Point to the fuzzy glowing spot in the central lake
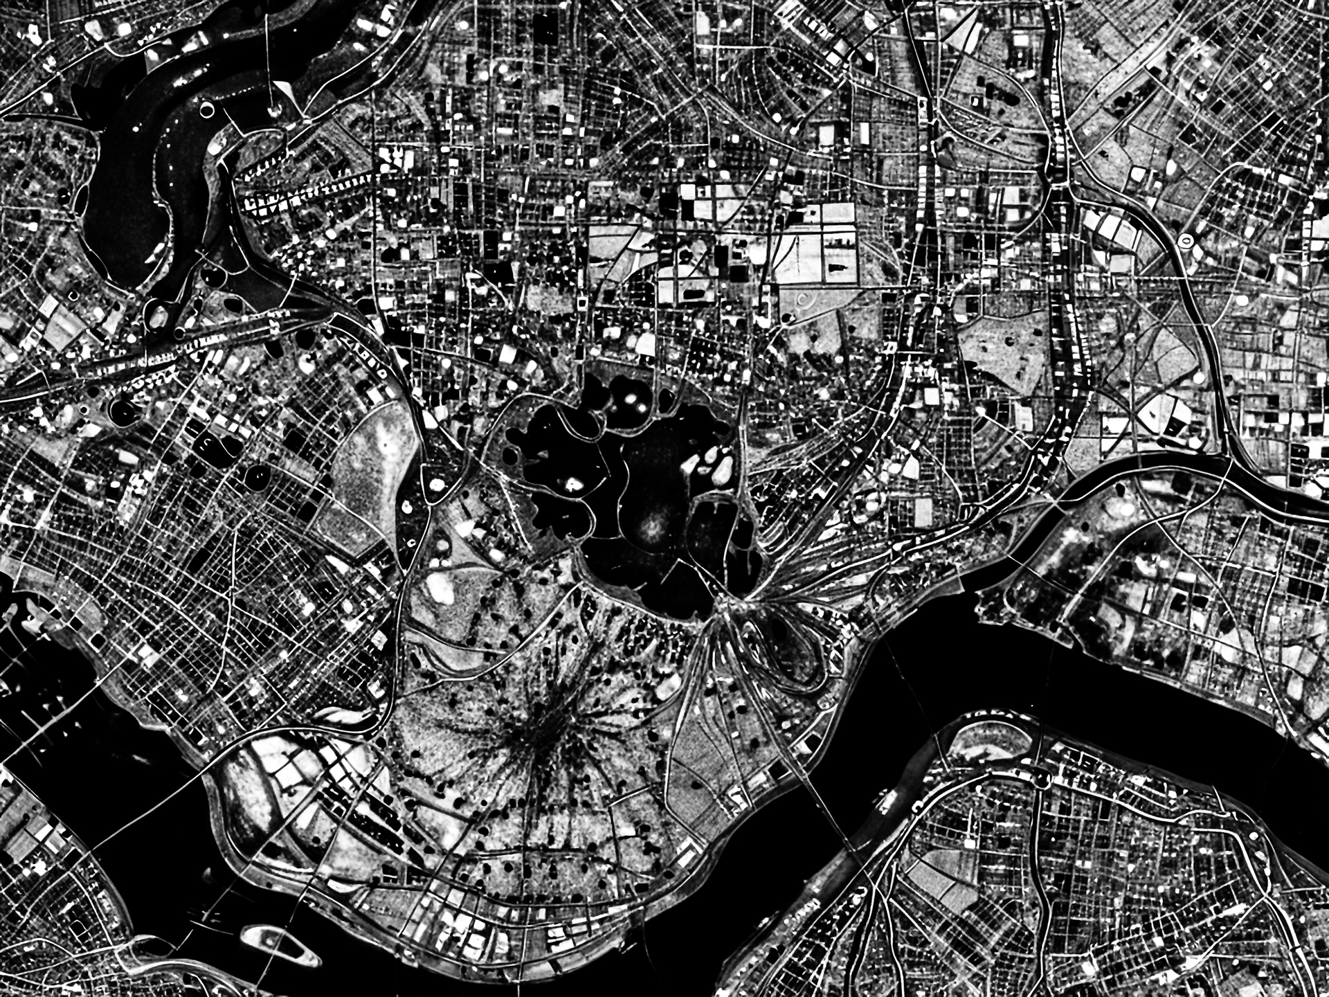pyautogui.click(x=651, y=530)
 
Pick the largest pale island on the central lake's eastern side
pyautogui.click(x=723, y=471)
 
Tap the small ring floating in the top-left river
pyautogui.click(x=206, y=108)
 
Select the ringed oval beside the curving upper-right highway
pyautogui.click(x=1186, y=241)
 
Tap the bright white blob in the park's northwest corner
pyautogui.click(x=440, y=589)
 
